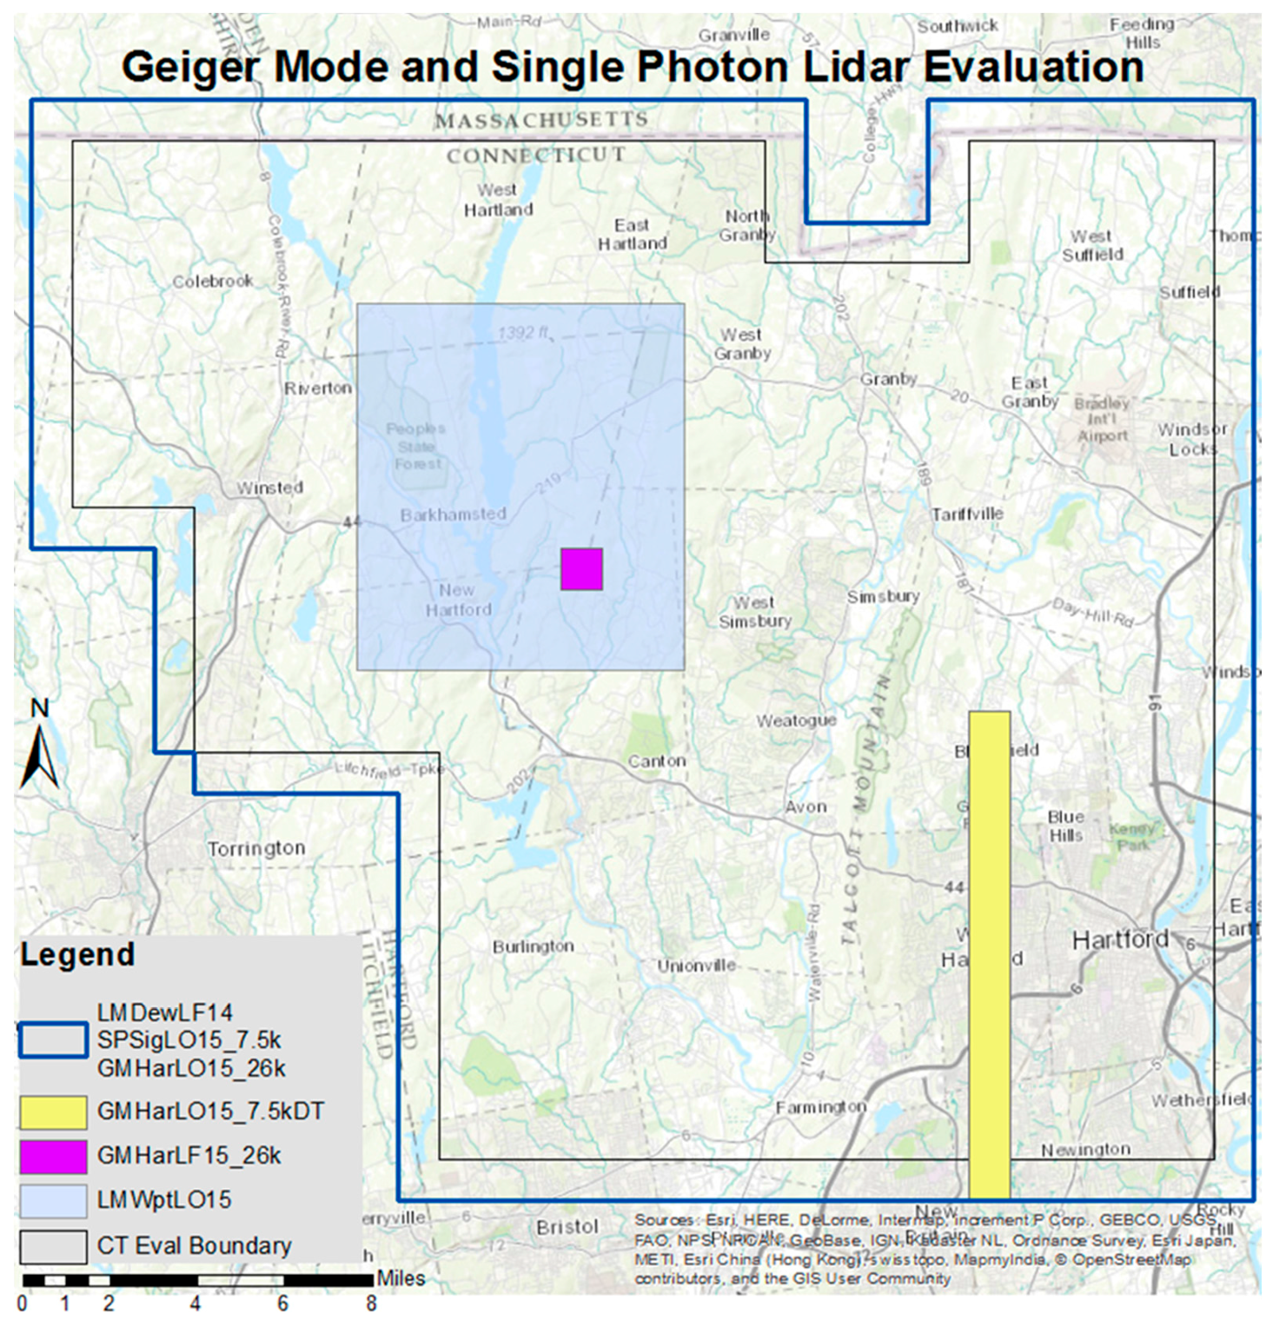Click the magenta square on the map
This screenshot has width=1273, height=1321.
click(581, 569)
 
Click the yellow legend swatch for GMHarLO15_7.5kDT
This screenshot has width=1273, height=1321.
click(53, 1112)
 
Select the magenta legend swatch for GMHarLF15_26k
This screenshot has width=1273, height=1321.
click(53, 1156)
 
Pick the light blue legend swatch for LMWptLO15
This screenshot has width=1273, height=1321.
click(53, 1200)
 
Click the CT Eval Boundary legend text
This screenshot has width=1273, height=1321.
click(194, 1245)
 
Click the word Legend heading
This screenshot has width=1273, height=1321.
click(77, 954)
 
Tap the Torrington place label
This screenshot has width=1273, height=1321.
click(256, 848)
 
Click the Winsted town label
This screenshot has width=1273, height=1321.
click(269, 488)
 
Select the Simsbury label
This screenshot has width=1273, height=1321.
click(883, 596)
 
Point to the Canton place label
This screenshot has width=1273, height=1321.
click(657, 761)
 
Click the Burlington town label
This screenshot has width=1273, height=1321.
click(533, 946)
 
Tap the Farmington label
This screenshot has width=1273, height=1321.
click(821, 1106)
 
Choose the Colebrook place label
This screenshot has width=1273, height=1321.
click(213, 282)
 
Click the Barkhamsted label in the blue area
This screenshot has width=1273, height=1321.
click(453, 514)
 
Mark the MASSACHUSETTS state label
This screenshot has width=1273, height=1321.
click(541, 120)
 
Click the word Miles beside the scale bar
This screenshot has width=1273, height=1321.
click(401, 1278)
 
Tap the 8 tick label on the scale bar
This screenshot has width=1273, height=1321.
click(371, 1304)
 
